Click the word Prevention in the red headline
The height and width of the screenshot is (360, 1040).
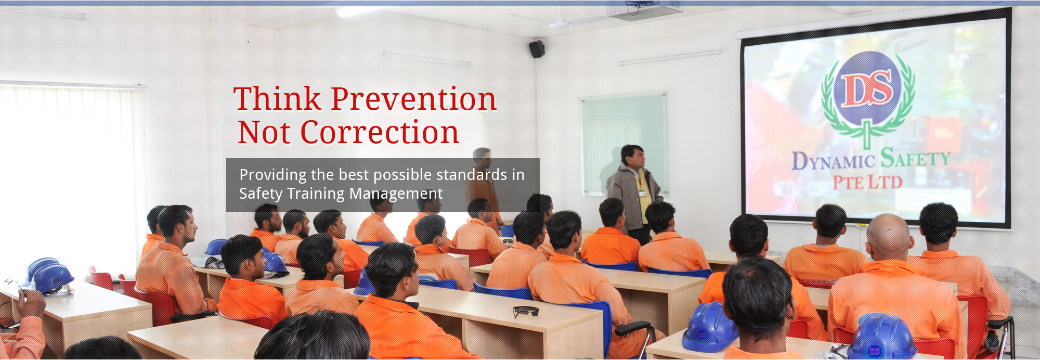413,99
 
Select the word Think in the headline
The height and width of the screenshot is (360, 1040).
278,99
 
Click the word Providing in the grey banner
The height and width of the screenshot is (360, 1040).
273,175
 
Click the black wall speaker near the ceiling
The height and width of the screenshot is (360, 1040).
537,49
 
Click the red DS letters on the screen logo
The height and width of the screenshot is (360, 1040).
867,88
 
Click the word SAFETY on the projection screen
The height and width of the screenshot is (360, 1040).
915,158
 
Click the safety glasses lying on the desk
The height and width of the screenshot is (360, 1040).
526,311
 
